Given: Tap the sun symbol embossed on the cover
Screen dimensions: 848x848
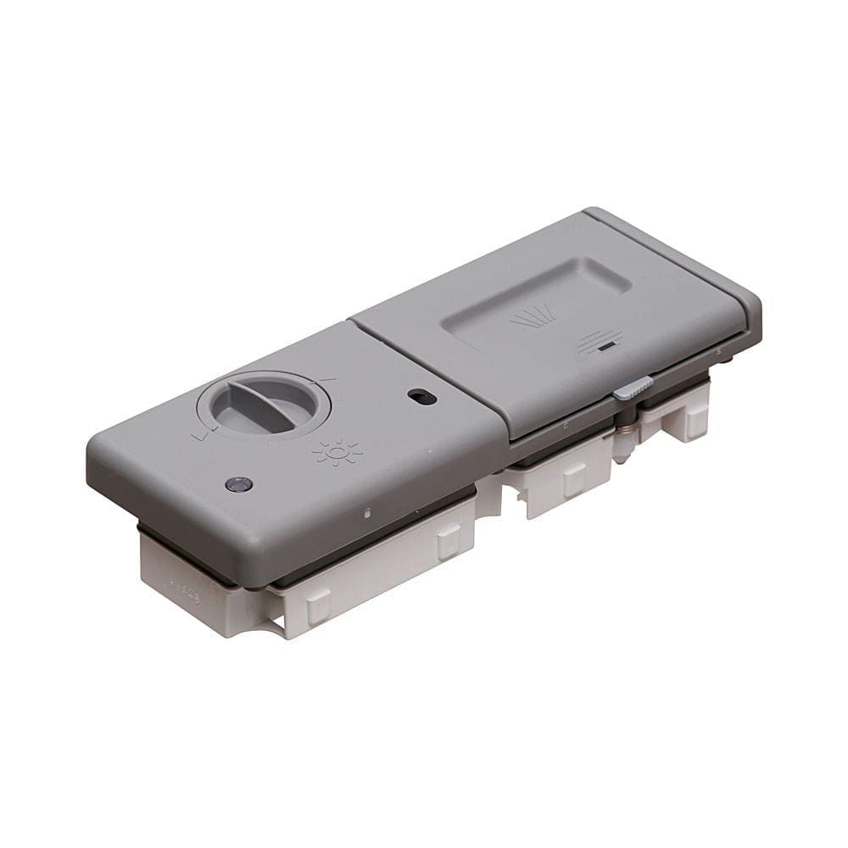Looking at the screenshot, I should tap(338, 453).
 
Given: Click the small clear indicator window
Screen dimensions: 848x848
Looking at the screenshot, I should tap(239, 484).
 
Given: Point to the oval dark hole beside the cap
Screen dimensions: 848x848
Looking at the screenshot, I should tap(421, 396).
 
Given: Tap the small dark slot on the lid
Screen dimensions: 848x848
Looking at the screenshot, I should tap(604, 347).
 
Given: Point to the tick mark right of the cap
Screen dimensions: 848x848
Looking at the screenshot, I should tap(327, 380).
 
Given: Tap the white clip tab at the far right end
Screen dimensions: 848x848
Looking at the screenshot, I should tap(695, 420).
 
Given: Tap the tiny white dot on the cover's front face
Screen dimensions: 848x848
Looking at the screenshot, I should tap(366, 512).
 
